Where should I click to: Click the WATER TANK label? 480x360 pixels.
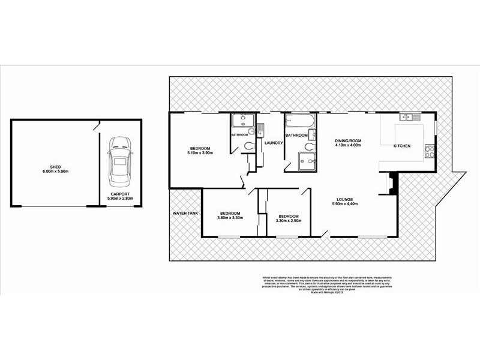185,213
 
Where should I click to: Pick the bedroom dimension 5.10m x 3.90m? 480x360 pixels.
199,154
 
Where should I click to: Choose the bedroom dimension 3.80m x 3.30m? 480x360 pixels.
230,218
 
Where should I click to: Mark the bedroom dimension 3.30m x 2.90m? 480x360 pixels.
288,220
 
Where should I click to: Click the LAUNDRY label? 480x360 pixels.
273,142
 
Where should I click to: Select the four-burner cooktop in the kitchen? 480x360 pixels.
429,150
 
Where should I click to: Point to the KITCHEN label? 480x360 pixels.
401,146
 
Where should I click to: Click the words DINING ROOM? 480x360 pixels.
347,140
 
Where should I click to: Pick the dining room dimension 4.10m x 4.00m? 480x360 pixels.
347,145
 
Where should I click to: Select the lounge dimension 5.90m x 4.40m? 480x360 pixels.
347,204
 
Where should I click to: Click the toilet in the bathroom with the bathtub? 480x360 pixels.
309,145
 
